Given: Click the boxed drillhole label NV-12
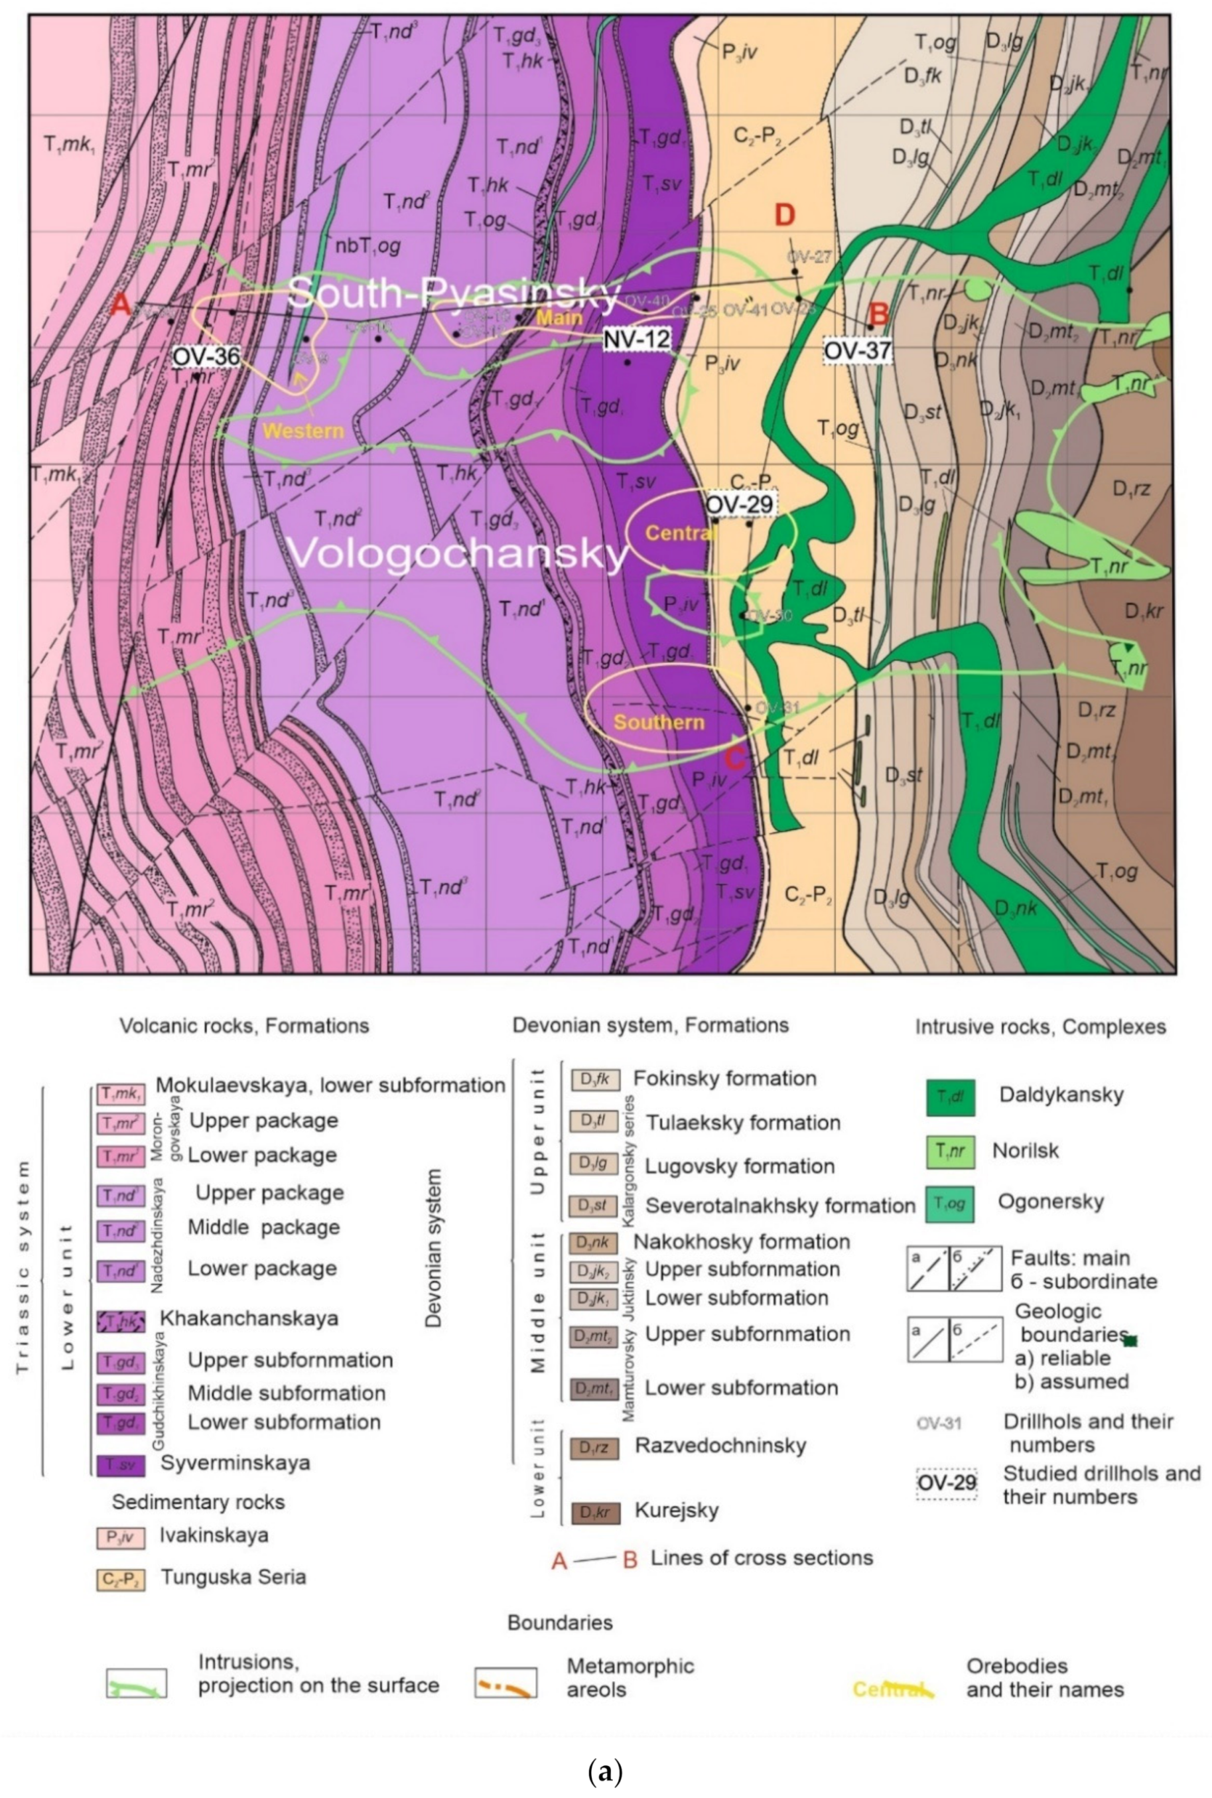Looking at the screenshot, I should coord(637,338).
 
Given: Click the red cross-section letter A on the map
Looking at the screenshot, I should coord(121,306).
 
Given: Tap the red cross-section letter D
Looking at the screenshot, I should coord(785,216).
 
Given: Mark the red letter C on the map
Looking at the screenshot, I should coord(736,758).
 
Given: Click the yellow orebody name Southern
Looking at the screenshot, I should coord(659,722).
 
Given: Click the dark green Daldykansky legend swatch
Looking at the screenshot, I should coord(950,1097).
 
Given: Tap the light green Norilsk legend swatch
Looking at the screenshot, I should coord(950,1151).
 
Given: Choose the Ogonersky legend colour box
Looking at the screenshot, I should coord(950,1203).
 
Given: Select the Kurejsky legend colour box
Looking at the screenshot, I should coord(594,1512).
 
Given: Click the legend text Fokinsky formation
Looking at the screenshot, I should coord(724,1078).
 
